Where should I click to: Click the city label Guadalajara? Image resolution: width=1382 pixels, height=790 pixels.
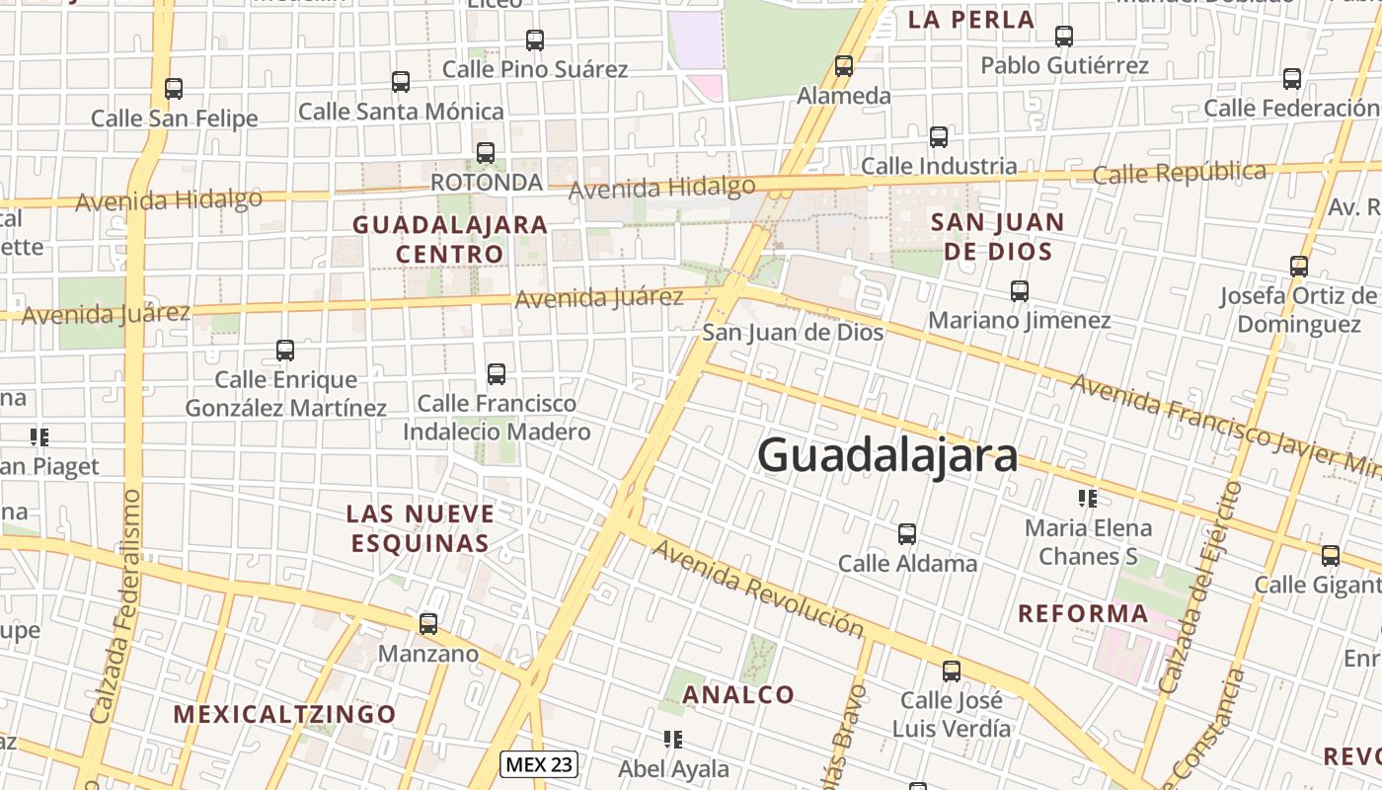pos(887,456)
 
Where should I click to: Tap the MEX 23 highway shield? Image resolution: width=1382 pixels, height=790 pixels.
pos(538,763)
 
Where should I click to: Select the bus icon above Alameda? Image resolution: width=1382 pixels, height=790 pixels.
pos(844,66)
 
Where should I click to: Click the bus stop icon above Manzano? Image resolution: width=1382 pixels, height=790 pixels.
pos(428,624)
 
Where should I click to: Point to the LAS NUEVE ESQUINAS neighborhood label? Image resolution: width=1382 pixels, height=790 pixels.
pos(421,528)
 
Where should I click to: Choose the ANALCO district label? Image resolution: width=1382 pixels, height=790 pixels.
pos(739,694)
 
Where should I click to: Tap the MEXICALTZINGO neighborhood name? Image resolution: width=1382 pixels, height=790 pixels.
pos(285,714)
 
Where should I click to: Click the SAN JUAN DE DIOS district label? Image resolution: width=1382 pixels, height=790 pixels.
pos(998,236)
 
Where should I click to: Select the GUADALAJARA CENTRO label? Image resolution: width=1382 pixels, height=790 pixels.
pos(450,239)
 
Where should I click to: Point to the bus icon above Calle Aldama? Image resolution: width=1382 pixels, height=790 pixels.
pos(907,534)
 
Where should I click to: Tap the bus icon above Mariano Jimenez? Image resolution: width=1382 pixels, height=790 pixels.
pos(1020,291)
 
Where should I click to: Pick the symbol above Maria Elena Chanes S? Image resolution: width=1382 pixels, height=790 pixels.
pos(1088,498)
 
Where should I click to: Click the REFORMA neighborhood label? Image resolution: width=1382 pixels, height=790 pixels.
pos(1083,613)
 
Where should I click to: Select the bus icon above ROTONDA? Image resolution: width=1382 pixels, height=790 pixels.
pos(486,153)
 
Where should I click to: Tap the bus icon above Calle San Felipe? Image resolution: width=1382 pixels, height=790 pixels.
pos(174,89)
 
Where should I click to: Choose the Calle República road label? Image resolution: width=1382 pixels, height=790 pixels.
pos(1180,173)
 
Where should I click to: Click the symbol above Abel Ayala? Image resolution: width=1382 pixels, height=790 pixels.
pos(673,739)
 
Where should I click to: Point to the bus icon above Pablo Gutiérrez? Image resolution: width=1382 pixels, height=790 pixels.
pos(1064,37)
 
